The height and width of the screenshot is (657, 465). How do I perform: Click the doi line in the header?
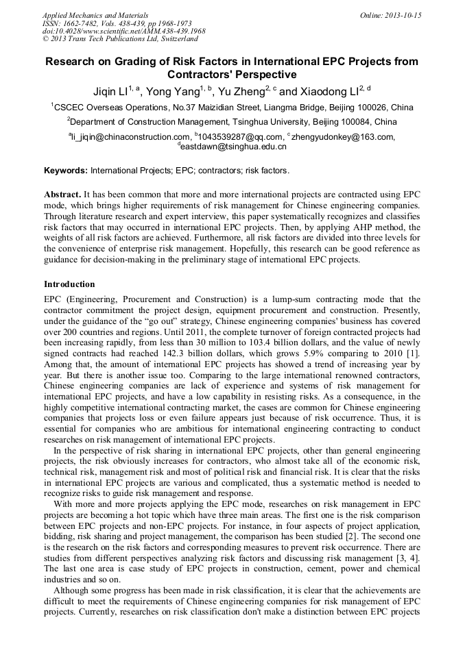(123, 31)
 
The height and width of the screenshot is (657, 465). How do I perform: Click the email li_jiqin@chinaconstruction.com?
(131, 137)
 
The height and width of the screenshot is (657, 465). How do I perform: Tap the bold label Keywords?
(66, 170)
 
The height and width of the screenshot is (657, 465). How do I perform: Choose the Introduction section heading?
(69, 284)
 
